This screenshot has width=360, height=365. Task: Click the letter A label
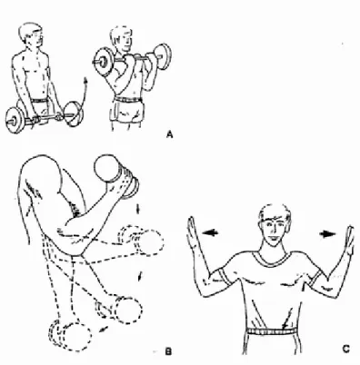point(170,134)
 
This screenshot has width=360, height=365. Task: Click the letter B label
point(168,351)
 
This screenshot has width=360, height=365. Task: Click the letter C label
point(346,349)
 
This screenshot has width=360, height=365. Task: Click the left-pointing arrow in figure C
point(211,232)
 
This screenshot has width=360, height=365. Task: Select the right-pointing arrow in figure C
point(328,234)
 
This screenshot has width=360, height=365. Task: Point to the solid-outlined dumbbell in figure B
point(116,176)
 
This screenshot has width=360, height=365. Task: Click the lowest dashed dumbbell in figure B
point(70,336)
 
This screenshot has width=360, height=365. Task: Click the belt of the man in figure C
point(271,331)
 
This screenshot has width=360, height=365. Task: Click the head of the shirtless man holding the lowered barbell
point(30,35)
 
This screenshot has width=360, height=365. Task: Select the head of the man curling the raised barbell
point(122,38)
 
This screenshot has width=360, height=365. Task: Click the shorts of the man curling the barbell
point(126,112)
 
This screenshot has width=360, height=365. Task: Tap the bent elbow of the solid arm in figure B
point(75,243)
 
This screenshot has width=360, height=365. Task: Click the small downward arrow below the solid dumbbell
point(138,209)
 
